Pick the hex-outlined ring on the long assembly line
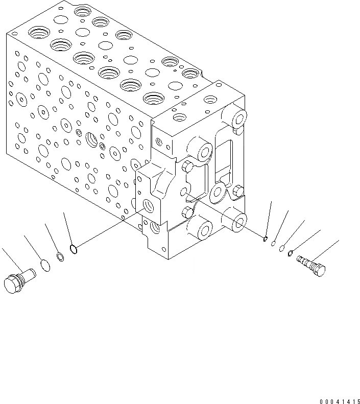(x=74, y=249)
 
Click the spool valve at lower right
(x=310, y=266)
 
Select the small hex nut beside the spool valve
(x=291, y=252)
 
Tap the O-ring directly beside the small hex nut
(x=281, y=247)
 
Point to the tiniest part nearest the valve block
(x=266, y=238)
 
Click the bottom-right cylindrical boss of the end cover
(x=239, y=220)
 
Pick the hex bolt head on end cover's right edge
(x=238, y=191)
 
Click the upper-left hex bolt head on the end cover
(x=187, y=166)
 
